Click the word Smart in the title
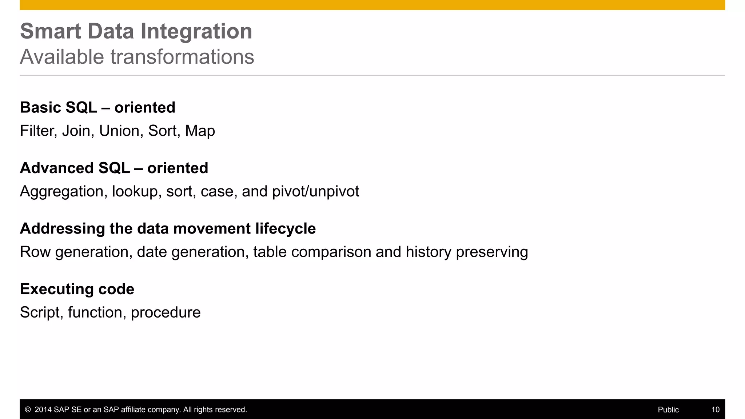pyautogui.click(x=50, y=31)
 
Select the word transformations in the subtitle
pyautogui.click(x=182, y=57)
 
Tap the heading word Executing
pyautogui.click(x=51, y=290)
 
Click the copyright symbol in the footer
pyautogui.click(x=28, y=410)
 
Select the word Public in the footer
pyautogui.click(x=668, y=410)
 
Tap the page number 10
pyautogui.click(x=715, y=410)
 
